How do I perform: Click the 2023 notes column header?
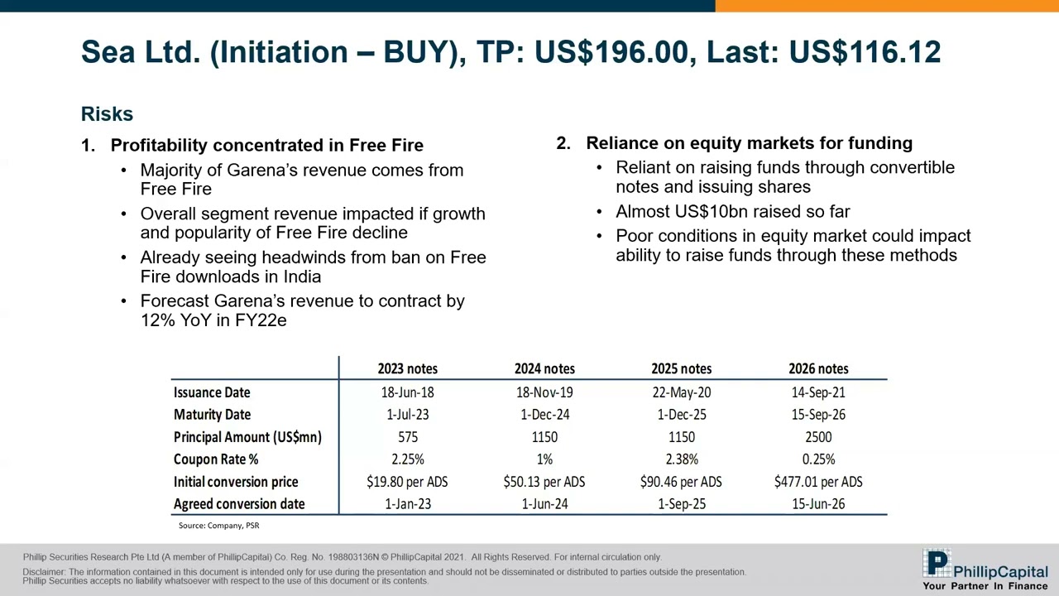[x=407, y=368]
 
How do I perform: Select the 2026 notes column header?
[x=818, y=368]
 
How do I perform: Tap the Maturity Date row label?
[x=212, y=414]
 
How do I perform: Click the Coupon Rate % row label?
[x=215, y=459]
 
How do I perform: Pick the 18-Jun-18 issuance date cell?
[x=407, y=392]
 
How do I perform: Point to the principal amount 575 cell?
[x=407, y=436]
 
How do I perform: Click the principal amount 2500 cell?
[x=818, y=436]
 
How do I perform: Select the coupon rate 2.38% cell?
[x=682, y=459]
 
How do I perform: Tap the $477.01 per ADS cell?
[x=818, y=481]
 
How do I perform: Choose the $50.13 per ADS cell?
[x=544, y=481]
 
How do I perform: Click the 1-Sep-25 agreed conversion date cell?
[x=682, y=503]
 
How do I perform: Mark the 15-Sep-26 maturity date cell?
[x=818, y=414]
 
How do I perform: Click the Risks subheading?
[x=107, y=114]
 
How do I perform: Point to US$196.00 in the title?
[x=611, y=52]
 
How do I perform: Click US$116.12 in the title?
[x=865, y=52]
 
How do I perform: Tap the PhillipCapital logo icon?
[x=937, y=565]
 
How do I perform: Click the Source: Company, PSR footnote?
[x=218, y=526]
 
